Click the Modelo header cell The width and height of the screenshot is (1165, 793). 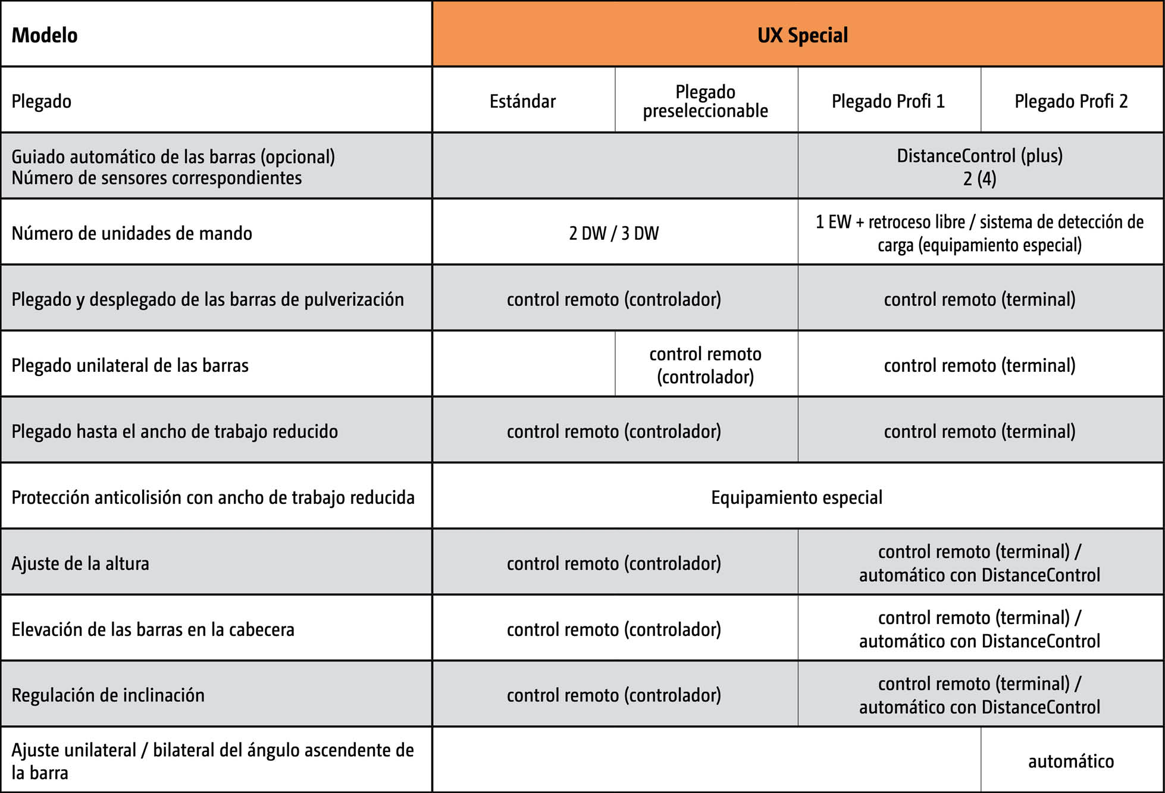tap(45, 35)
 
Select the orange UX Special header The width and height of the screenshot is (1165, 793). tap(802, 35)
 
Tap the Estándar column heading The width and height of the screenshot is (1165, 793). tap(522, 101)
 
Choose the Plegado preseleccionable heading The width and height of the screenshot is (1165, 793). tap(705, 101)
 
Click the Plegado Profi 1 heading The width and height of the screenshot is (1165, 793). tap(888, 101)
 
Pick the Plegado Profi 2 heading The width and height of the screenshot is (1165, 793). tap(1071, 101)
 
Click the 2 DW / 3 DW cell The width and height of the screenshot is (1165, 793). tap(613, 233)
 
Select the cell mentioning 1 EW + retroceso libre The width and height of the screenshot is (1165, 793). tap(979, 233)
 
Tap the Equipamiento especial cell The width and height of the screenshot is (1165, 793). tap(797, 497)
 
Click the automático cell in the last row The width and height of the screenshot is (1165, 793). tap(1071, 761)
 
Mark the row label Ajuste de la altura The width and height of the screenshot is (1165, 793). tap(80, 563)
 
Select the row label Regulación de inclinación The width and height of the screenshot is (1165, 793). tap(108, 695)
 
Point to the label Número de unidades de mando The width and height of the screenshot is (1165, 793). tap(131, 233)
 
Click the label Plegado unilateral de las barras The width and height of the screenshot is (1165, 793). tap(130, 365)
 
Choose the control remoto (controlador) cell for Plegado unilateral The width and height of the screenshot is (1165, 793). tap(705, 365)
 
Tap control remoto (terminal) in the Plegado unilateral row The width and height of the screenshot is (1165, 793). tap(979, 365)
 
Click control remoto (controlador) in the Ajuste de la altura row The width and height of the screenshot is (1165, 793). tap(613, 563)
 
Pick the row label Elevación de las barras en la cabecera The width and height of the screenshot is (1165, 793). tap(153, 629)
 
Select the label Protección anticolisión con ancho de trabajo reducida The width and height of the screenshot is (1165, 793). tap(213, 497)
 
